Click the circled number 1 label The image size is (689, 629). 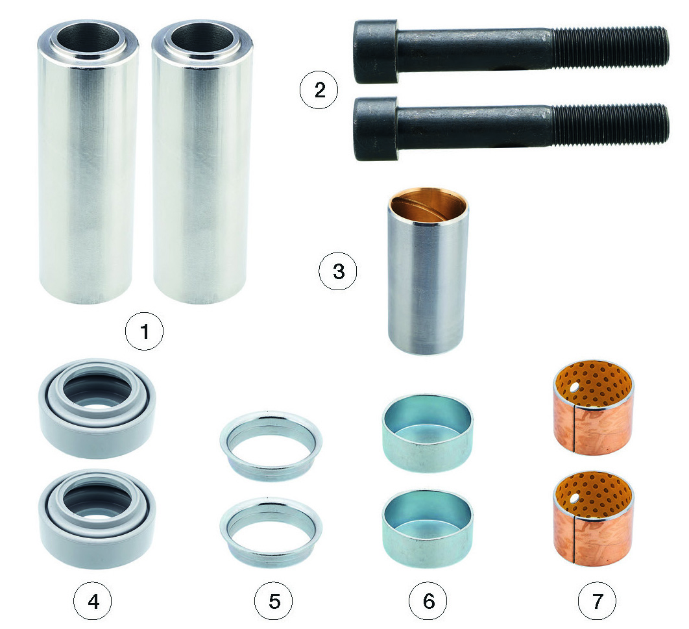pyautogui.click(x=144, y=331)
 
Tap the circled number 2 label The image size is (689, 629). pyautogui.click(x=319, y=90)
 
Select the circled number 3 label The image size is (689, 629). pyautogui.click(x=338, y=271)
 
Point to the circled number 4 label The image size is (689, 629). pyautogui.click(x=93, y=601)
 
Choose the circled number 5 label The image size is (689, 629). pyautogui.click(x=274, y=601)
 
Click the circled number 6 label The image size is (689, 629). pyautogui.click(x=428, y=601)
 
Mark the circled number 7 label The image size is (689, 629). pyautogui.click(x=597, y=601)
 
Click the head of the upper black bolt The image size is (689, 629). pyautogui.click(x=376, y=51)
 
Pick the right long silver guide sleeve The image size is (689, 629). pyautogui.click(x=202, y=162)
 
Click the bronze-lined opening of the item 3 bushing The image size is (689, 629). pyautogui.click(x=428, y=206)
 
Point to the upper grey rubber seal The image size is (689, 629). pyautogui.click(x=97, y=408)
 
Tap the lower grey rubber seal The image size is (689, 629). pyautogui.click(x=97, y=519)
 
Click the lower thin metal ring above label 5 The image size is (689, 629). pyautogui.click(x=271, y=532)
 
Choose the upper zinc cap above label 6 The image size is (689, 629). pyautogui.click(x=428, y=434)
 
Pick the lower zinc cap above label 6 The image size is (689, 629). pyautogui.click(x=428, y=529)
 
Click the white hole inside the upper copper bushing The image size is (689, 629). pyautogui.click(x=574, y=387)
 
